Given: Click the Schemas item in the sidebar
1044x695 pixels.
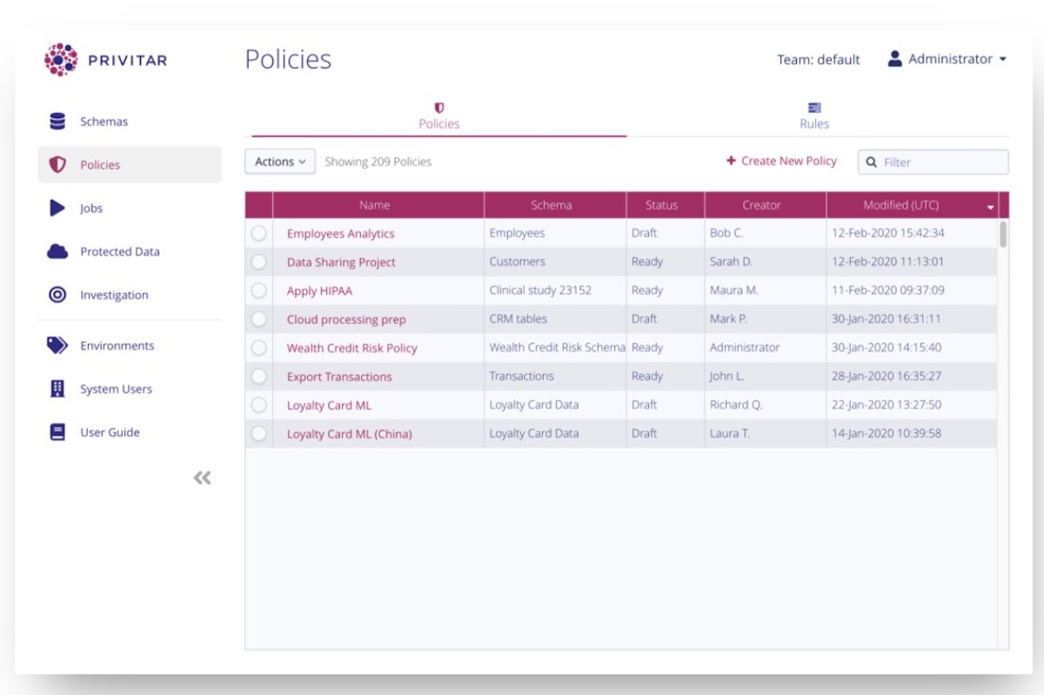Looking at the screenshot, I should (x=103, y=122).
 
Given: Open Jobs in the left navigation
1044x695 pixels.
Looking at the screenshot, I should (x=90, y=209).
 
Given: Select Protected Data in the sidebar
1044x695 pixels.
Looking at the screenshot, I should (x=119, y=251).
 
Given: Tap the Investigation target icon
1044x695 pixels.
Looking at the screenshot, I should (x=57, y=295).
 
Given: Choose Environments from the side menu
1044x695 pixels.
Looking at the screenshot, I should (x=117, y=345).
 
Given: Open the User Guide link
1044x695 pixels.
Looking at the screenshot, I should (x=109, y=432).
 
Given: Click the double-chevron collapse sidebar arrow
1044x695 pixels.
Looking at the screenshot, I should (x=202, y=478).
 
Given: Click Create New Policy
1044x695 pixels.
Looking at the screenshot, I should (x=781, y=161).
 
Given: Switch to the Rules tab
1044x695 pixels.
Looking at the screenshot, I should (x=814, y=116).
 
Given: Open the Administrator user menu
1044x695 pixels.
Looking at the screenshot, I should (x=947, y=59).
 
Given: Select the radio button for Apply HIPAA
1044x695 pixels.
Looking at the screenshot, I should (x=258, y=291).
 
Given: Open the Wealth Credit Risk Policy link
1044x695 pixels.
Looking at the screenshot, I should (x=351, y=348).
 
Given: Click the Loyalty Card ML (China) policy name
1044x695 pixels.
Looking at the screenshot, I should (x=349, y=434).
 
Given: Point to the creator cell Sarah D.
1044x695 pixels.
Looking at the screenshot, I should (x=731, y=262).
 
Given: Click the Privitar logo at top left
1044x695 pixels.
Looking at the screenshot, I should (x=105, y=60).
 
